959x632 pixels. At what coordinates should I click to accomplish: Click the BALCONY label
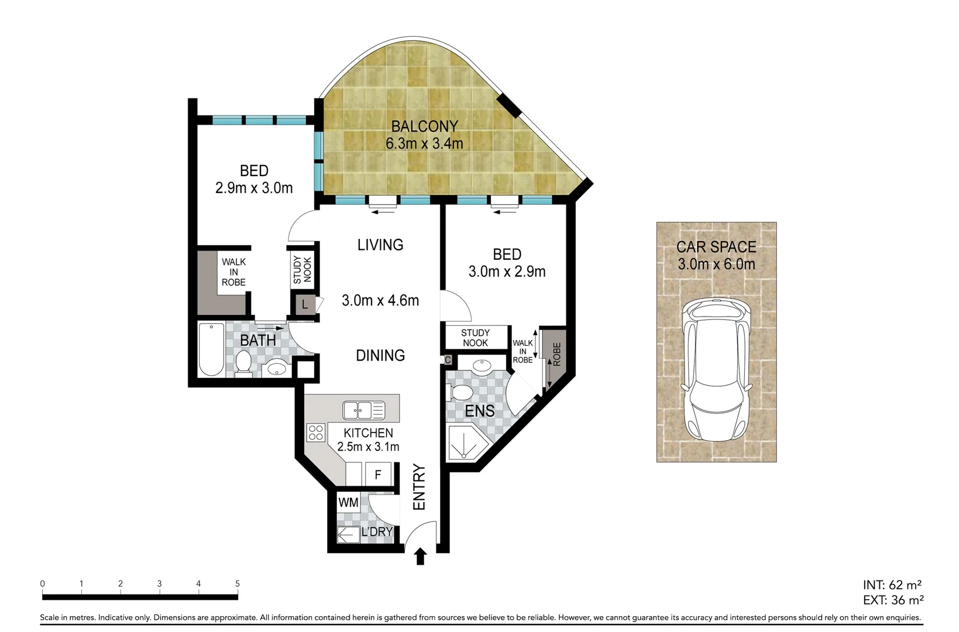(424, 126)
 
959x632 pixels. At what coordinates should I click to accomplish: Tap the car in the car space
(716, 371)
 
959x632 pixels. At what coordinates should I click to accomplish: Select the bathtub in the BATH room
(211, 349)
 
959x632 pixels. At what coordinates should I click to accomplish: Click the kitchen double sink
(363, 410)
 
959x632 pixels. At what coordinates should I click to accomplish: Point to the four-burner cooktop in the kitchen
(316, 432)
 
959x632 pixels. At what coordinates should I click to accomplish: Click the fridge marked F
(378, 474)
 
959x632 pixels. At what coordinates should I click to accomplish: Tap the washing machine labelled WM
(348, 502)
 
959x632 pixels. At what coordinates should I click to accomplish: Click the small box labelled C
(448, 360)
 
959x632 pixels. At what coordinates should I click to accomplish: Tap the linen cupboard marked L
(304, 305)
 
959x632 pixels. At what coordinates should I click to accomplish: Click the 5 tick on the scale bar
(238, 584)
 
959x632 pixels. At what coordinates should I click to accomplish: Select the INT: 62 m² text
(892, 585)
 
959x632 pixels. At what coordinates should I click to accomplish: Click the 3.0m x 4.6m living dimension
(380, 301)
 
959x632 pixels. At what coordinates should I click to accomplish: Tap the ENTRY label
(419, 487)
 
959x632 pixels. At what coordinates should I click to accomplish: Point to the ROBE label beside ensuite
(556, 355)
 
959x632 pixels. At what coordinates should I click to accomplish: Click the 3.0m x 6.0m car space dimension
(716, 264)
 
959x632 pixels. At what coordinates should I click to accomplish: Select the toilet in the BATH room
(243, 363)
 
